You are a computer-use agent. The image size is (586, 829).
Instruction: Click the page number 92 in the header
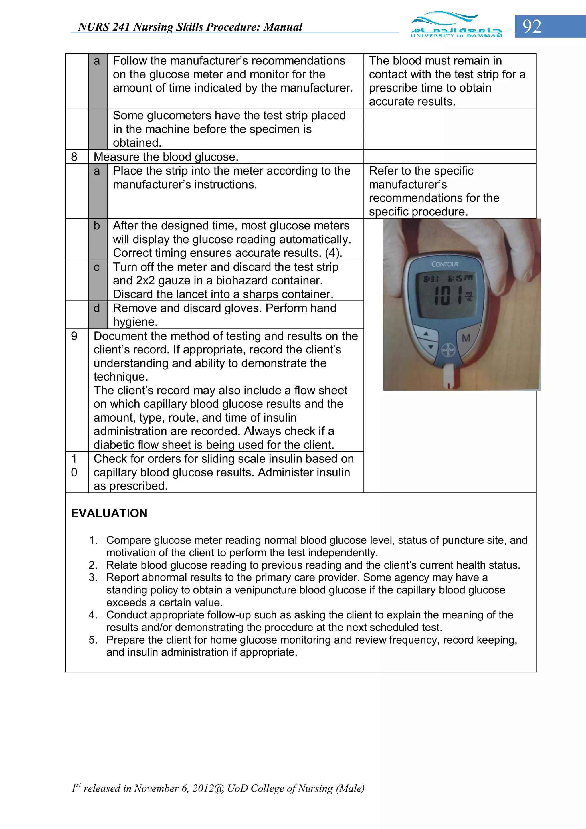coord(532,27)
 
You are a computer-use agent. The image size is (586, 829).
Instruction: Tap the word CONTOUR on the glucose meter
coord(445,264)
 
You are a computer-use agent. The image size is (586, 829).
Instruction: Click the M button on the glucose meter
coord(466,338)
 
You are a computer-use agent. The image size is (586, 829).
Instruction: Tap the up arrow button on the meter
coord(426,334)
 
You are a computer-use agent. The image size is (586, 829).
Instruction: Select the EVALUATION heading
coord(109,513)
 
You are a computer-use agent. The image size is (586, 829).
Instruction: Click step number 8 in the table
coord(74,157)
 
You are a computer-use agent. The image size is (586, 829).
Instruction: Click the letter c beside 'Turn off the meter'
coord(96,267)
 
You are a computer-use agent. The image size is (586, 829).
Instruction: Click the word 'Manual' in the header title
coord(283,27)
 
